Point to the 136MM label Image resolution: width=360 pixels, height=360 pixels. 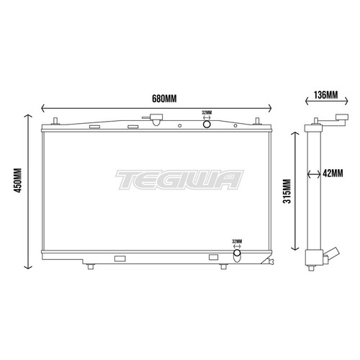326,94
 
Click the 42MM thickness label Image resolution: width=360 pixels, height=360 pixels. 334,173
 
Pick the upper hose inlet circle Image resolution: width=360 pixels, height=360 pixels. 207,124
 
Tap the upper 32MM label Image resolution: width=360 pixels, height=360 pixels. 207,112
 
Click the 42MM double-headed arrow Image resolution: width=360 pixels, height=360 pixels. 314,173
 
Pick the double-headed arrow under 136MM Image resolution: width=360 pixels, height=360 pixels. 325,106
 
